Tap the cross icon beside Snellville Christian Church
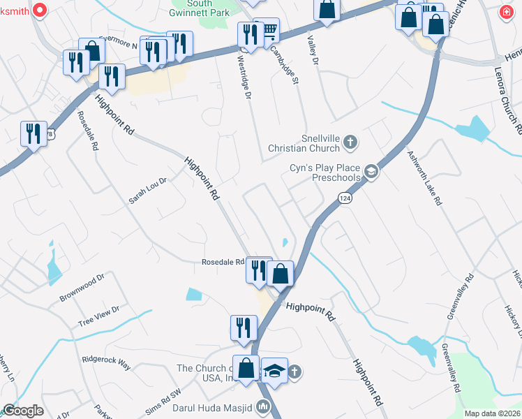(x=350, y=143)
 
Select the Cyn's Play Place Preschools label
(x=325, y=172)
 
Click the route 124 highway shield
(x=345, y=199)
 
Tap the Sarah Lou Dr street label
(x=147, y=191)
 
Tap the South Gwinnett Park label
(x=200, y=8)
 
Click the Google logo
(x=23, y=411)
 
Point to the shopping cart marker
(x=266, y=31)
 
